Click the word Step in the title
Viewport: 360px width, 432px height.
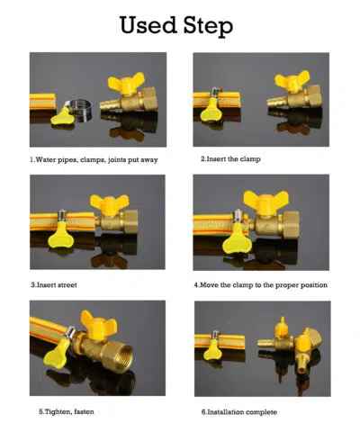(208, 26)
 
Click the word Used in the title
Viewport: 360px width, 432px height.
(148, 24)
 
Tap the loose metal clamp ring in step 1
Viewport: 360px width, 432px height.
(80, 110)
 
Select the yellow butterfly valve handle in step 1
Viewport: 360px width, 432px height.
(126, 83)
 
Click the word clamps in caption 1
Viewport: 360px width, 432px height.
(93, 160)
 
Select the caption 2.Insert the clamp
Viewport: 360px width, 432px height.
(230, 158)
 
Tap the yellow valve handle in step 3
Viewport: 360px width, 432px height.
(110, 203)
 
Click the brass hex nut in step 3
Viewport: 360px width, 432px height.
(130, 221)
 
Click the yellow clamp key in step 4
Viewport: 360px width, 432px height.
(235, 239)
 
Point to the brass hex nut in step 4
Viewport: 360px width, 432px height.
(291, 225)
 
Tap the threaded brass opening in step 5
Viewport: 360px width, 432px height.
(121, 358)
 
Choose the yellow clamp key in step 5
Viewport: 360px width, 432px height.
(57, 353)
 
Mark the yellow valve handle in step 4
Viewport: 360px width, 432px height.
(265, 202)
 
